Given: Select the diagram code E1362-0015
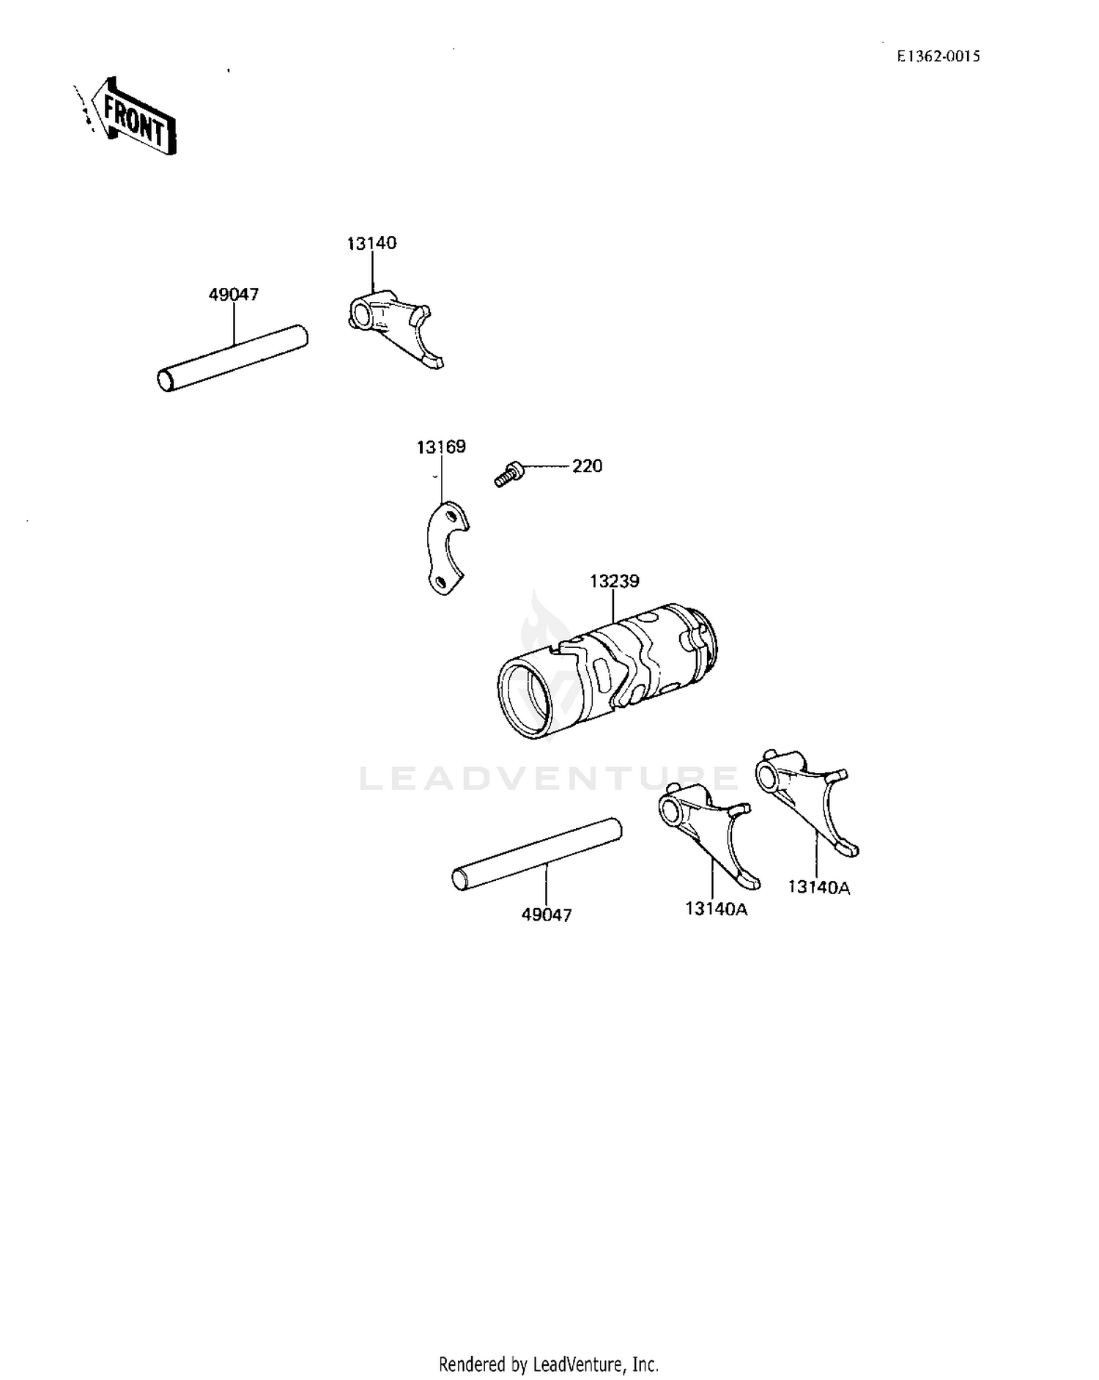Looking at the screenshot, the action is point(939,56).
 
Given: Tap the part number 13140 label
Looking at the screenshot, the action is point(371,243).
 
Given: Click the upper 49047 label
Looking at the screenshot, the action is point(234,295).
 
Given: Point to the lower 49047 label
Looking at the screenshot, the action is point(547,915).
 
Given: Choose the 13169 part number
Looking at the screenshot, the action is point(441,447).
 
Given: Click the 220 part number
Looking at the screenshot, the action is point(587,466).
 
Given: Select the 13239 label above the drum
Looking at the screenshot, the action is point(614,581).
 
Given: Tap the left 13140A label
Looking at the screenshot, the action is point(716,909).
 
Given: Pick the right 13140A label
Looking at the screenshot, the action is point(819,888).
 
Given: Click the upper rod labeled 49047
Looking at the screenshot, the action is point(233,358).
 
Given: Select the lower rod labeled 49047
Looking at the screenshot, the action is point(537,855).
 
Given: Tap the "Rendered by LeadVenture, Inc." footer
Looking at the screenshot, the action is point(549,1365).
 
